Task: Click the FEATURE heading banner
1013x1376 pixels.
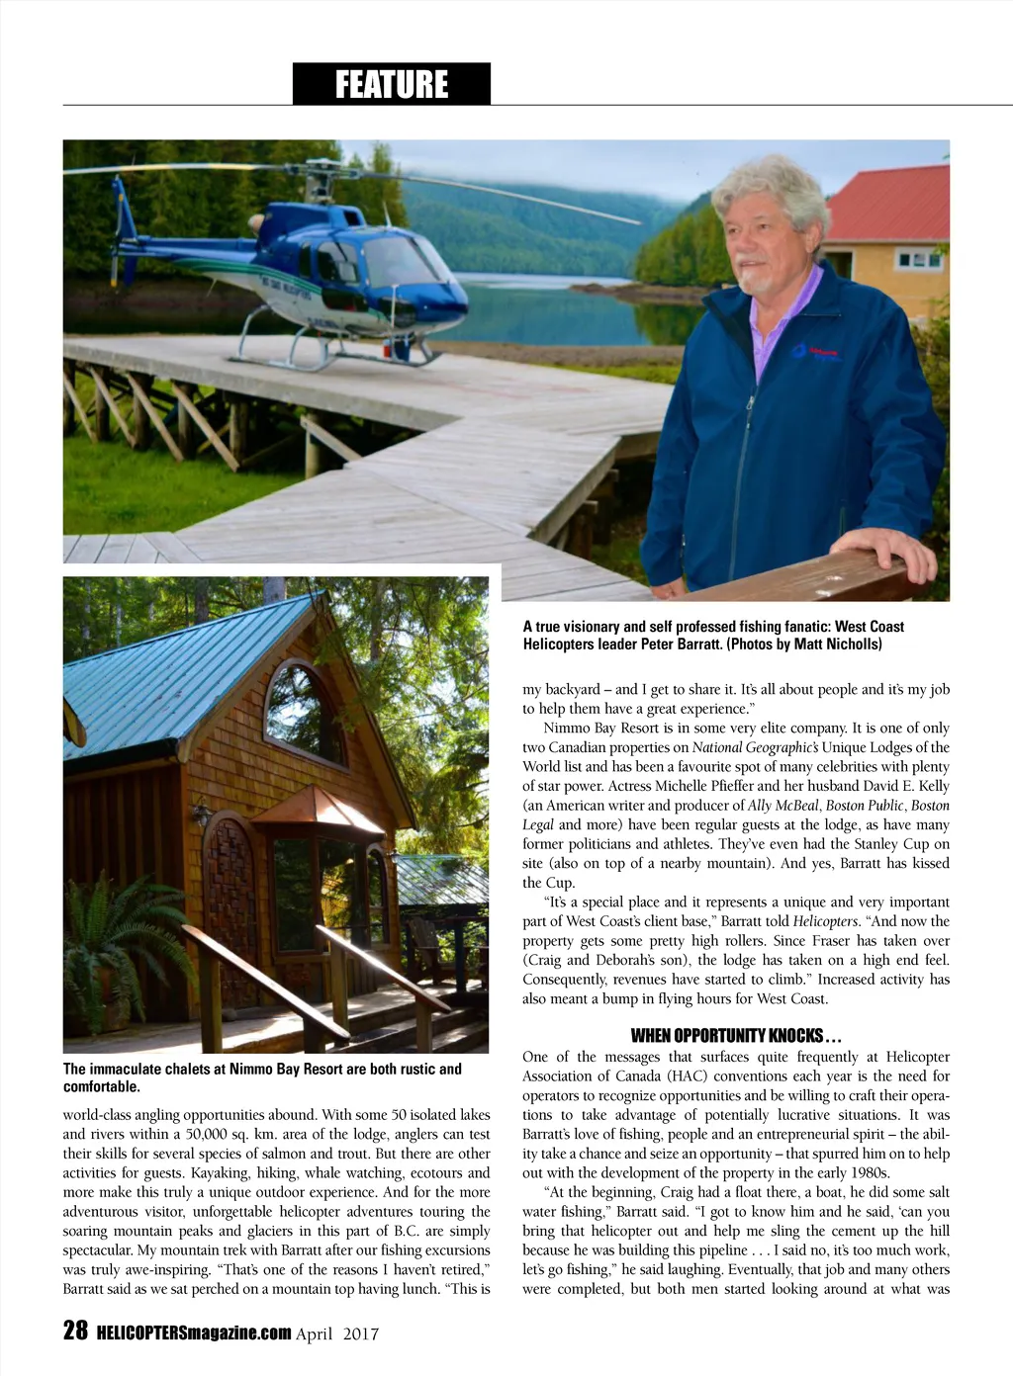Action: pos(391,84)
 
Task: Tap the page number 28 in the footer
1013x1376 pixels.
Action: pos(75,1331)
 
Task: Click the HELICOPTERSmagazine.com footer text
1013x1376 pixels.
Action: pos(194,1333)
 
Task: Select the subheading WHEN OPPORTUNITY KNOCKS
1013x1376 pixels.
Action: pos(736,1035)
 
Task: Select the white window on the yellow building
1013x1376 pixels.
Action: pos(919,260)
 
